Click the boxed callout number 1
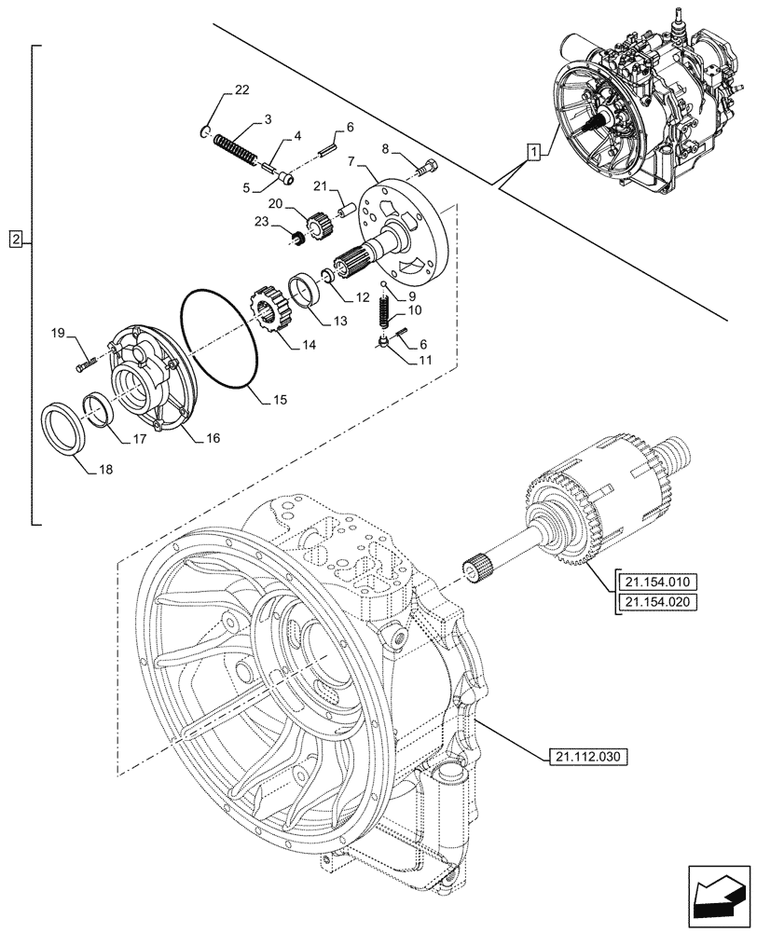(531, 152)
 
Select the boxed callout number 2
(16, 241)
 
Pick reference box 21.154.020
(655, 602)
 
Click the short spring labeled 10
(384, 311)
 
